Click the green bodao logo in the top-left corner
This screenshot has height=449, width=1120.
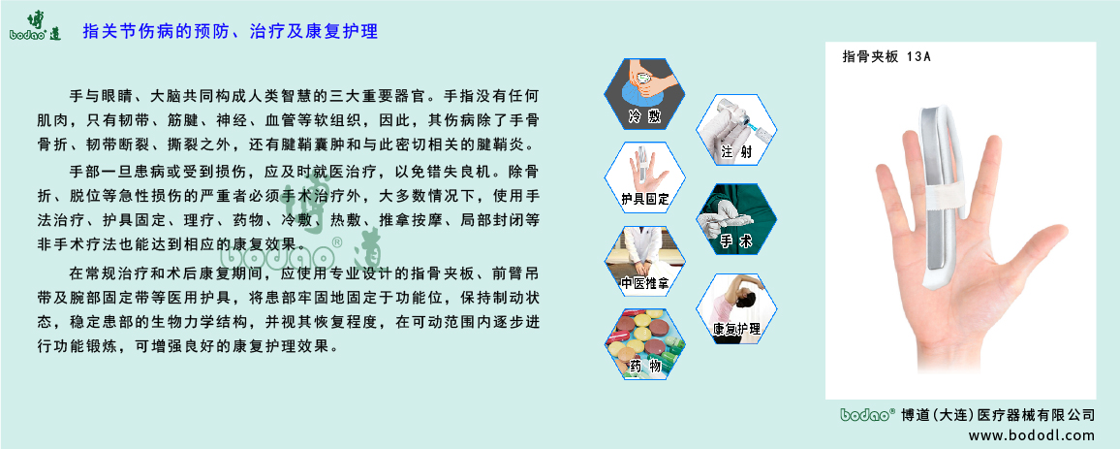(35, 25)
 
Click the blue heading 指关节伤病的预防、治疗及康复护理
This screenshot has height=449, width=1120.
(231, 32)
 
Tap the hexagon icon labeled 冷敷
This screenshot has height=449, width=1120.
(643, 93)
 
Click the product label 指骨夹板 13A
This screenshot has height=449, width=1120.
(887, 57)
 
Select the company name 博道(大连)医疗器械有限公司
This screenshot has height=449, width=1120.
(997, 415)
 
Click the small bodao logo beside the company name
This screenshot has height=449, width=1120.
(865, 414)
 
